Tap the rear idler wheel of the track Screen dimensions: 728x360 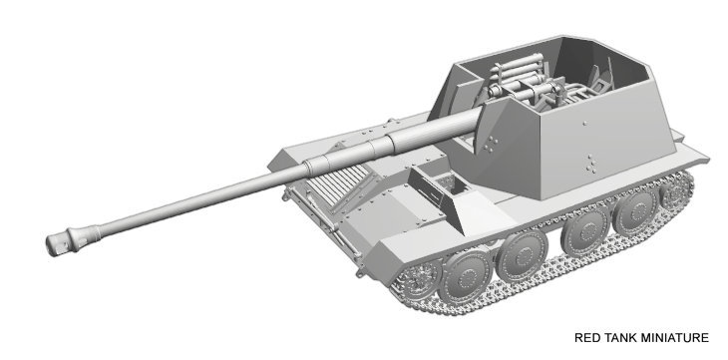click(x=675, y=190)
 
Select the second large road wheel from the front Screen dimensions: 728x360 click(x=523, y=255)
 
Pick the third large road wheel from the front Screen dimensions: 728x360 click(x=586, y=231)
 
